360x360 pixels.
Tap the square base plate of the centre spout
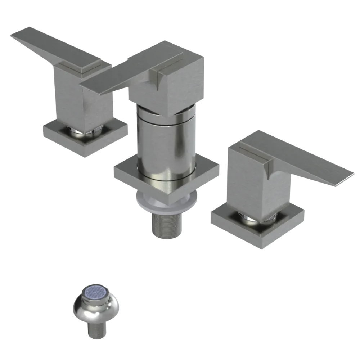[126, 173]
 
